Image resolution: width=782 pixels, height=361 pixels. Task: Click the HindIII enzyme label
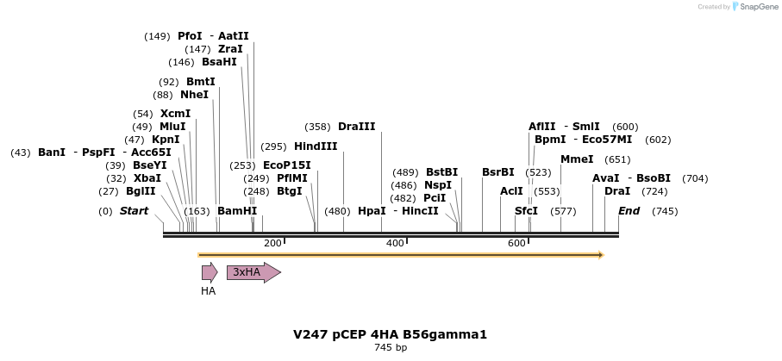click(x=316, y=146)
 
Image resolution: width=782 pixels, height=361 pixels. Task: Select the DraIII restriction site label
click(x=356, y=127)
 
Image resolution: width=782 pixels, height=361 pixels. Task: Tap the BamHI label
click(x=237, y=211)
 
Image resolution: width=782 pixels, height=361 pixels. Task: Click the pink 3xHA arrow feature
click(x=253, y=272)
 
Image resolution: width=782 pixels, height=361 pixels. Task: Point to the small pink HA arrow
click(x=210, y=272)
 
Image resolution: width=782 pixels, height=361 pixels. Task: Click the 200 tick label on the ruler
click(x=272, y=244)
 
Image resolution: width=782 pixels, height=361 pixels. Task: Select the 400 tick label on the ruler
click(x=395, y=244)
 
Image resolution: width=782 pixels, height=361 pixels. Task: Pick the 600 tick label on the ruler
click(x=516, y=244)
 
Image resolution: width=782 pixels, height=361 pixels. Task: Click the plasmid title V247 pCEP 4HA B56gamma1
click(x=390, y=334)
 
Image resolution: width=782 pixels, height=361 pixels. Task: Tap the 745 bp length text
click(x=390, y=348)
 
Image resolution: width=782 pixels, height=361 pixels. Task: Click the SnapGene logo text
click(x=754, y=7)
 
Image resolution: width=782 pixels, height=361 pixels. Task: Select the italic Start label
click(x=134, y=211)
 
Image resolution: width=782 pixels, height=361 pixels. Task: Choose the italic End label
click(x=629, y=211)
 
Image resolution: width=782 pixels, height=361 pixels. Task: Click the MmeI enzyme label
click(x=577, y=159)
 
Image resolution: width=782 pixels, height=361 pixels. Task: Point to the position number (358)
click(x=317, y=127)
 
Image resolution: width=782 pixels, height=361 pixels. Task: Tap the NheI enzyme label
click(x=194, y=95)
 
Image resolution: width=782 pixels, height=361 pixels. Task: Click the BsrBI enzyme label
click(x=497, y=172)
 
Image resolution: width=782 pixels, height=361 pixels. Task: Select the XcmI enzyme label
click(x=175, y=114)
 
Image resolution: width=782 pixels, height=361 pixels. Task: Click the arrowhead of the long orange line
click(x=601, y=255)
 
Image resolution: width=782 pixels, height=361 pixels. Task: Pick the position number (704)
click(x=695, y=178)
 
